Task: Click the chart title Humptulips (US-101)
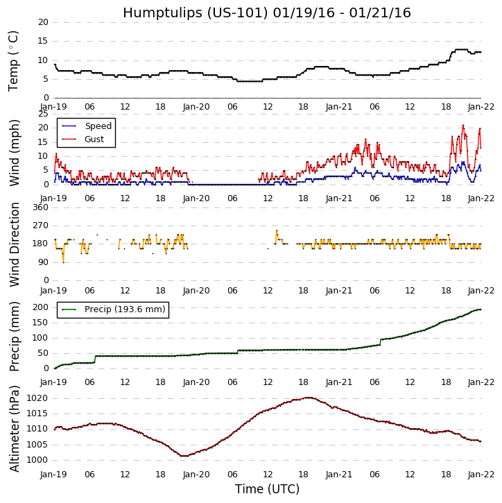click(266, 13)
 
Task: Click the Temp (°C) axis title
click(14, 60)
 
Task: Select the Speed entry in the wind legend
click(98, 126)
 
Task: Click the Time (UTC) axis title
click(267, 489)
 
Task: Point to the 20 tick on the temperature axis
click(43, 22)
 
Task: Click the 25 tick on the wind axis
click(43, 114)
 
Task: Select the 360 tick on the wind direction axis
click(40, 207)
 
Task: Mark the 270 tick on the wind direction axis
click(40, 225)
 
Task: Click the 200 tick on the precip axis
click(40, 307)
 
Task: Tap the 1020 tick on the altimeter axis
click(37, 398)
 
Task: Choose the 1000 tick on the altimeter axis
click(37, 460)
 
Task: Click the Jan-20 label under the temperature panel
click(196, 107)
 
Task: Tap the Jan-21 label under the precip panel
click(339, 382)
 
